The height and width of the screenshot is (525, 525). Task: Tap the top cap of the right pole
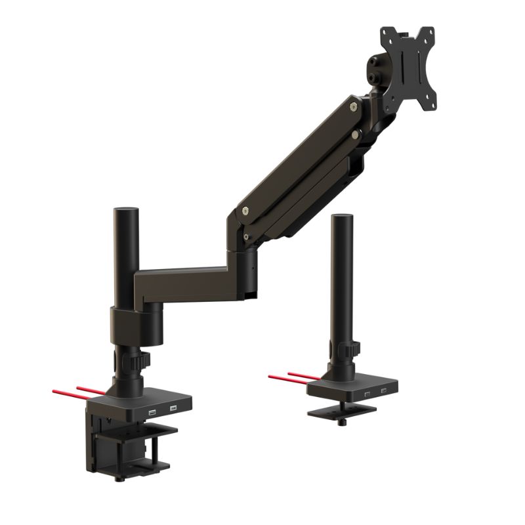click(x=343, y=217)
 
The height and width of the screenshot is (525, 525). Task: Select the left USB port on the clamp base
click(x=152, y=412)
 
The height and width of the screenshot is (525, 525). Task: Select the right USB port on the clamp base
click(x=173, y=409)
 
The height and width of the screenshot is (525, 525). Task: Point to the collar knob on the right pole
click(x=354, y=347)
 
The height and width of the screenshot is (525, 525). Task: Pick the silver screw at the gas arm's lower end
click(x=245, y=212)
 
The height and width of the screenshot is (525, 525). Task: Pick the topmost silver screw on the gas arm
click(x=354, y=104)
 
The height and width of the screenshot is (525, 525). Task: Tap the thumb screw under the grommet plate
click(x=341, y=420)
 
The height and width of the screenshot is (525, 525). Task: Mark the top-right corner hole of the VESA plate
click(x=429, y=34)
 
